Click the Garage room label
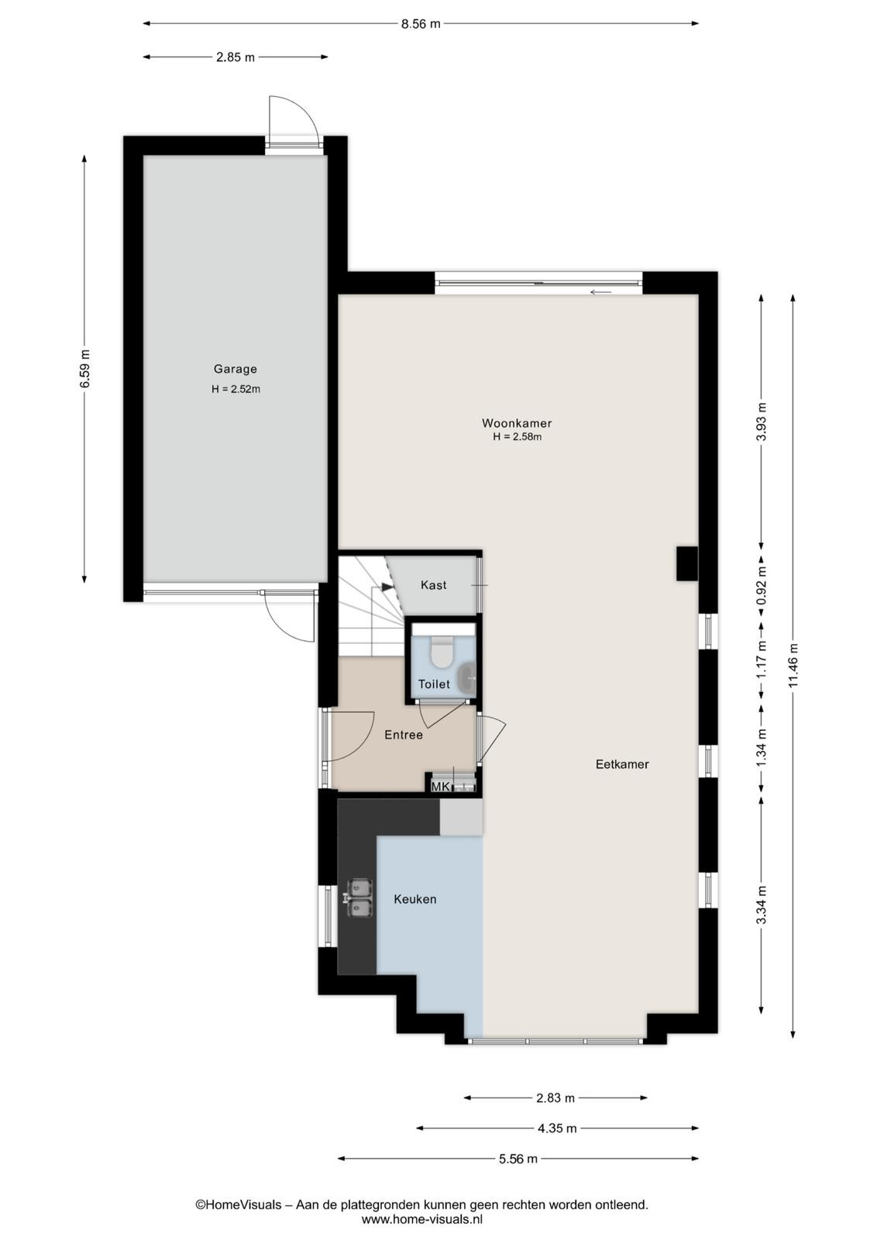[x=236, y=369]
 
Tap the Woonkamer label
[x=517, y=423]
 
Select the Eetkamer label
[x=622, y=764]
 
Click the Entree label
[x=404, y=735]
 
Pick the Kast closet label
[x=433, y=585]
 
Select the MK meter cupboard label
[x=440, y=787]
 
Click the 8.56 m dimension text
[x=421, y=24]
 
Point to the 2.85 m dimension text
[x=236, y=57]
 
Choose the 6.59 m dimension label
[x=84, y=369]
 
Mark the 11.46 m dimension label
[x=793, y=665]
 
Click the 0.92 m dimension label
[x=762, y=585]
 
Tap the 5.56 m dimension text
[x=518, y=1159]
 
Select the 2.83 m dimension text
[x=555, y=1097]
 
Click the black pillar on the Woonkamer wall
[x=686, y=563]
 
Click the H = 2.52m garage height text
[x=236, y=389]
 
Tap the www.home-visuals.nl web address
[x=422, y=1218]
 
